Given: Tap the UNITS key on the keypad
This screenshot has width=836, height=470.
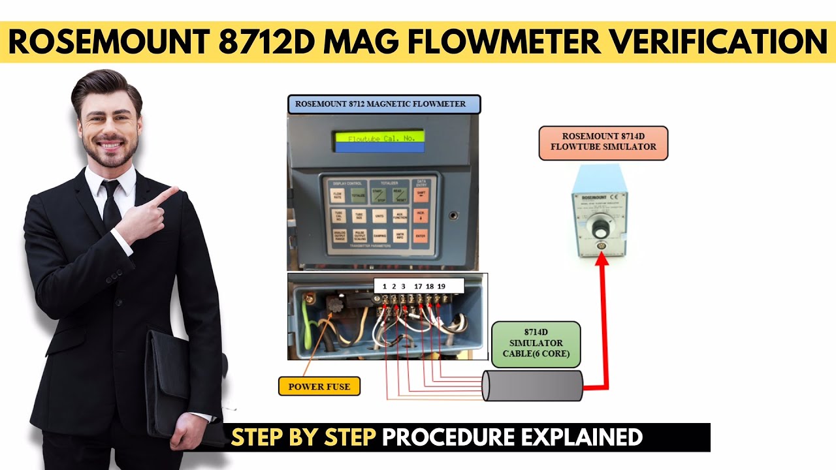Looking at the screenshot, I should [379, 215].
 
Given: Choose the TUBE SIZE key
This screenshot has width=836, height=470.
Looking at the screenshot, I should [359, 215].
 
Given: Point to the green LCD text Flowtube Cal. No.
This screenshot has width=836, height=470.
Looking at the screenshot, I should [379, 138].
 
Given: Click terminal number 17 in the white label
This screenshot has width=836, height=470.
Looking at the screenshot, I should [418, 286].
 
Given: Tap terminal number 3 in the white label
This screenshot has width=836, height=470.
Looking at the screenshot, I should [403, 286].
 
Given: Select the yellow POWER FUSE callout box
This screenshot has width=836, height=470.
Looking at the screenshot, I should [319, 386].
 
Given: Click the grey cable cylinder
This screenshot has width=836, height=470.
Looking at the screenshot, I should [532, 385].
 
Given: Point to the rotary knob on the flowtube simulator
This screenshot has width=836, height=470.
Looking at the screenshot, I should [600, 230].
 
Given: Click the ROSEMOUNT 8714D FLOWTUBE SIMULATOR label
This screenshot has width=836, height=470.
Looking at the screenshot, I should [603, 142].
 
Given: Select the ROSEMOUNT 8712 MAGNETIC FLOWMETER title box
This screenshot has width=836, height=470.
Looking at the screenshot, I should [384, 104].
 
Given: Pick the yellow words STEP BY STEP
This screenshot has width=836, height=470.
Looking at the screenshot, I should [304, 437].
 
